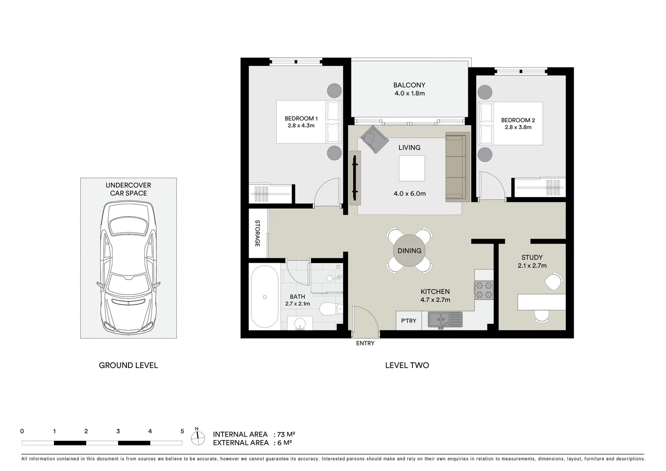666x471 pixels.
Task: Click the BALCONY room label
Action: pyautogui.click(x=409, y=85)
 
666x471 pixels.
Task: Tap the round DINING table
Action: pyautogui.click(x=409, y=251)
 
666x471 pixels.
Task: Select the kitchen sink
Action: pyautogui.click(x=445, y=320)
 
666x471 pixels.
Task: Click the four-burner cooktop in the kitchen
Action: pyautogui.click(x=483, y=290)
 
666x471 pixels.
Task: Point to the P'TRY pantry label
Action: pyautogui.click(x=409, y=321)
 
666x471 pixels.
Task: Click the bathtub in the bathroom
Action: pyautogui.click(x=264, y=297)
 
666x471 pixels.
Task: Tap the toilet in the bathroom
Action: pyautogui.click(x=331, y=309)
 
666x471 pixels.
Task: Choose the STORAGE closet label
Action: pyautogui.click(x=257, y=233)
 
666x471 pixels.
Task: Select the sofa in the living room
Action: pyautogui.click(x=457, y=167)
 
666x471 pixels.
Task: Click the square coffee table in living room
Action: pyautogui.click(x=412, y=168)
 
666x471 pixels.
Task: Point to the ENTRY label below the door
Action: pyautogui.click(x=365, y=343)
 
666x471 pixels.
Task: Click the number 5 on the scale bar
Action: pyautogui.click(x=182, y=431)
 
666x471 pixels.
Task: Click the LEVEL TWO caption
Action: pyautogui.click(x=407, y=365)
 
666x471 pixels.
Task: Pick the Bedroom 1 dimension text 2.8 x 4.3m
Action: pyautogui.click(x=301, y=126)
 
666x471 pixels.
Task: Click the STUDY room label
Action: pyautogui.click(x=532, y=257)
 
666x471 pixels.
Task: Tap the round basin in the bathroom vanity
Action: pyautogui.click(x=300, y=324)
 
